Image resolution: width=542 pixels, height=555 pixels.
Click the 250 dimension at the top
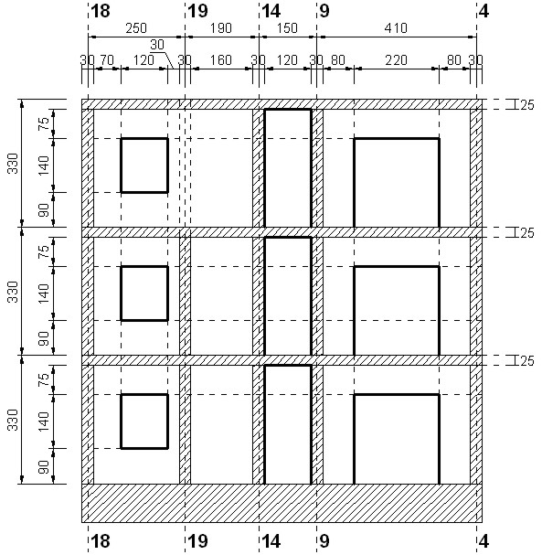(x=136, y=28)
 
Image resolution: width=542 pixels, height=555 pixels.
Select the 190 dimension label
(x=221, y=28)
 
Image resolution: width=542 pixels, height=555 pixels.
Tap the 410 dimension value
(x=397, y=28)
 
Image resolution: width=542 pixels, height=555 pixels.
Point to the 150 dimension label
(x=287, y=28)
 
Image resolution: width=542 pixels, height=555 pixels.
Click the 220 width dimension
(x=397, y=60)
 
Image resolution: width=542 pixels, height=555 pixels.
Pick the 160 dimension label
(x=221, y=60)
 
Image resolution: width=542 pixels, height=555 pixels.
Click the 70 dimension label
(x=107, y=60)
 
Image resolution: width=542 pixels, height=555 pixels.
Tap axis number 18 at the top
(x=101, y=11)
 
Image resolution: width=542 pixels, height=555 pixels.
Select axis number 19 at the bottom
(x=197, y=541)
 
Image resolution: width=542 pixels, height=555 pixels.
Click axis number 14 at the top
(x=271, y=11)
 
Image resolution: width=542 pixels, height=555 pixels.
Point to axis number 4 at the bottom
(x=484, y=541)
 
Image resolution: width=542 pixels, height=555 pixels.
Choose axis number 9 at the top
(x=324, y=11)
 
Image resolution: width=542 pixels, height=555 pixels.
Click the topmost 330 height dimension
(x=13, y=164)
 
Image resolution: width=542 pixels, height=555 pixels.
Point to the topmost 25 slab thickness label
(x=527, y=105)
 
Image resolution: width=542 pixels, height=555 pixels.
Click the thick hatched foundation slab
(x=282, y=503)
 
